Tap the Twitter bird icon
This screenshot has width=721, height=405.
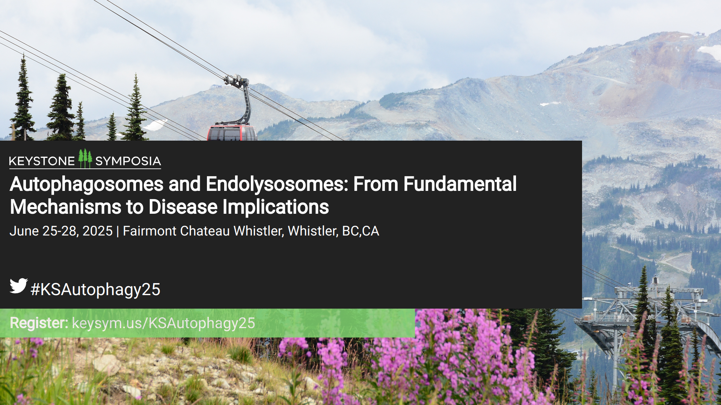coord(18,286)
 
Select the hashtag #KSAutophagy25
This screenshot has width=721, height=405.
coord(95,289)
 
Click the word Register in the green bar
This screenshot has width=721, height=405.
coord(39,323)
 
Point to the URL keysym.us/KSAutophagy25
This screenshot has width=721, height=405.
coord(163,323)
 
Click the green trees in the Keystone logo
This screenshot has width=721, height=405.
coord(85,158)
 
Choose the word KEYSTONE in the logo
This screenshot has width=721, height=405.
coord(42,161)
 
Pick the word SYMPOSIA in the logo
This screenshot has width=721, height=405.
coord(128,161)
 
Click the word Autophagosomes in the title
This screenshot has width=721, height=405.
coord(87,184)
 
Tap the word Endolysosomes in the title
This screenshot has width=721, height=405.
coord(277,184)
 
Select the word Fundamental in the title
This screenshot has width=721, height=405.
coord(460,184)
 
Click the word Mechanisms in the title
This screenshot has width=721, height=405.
coord(66,207)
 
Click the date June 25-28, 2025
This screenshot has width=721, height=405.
coord(61,231)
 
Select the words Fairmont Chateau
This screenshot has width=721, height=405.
coord(176,231)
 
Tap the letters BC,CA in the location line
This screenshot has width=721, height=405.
coord(360,231)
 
